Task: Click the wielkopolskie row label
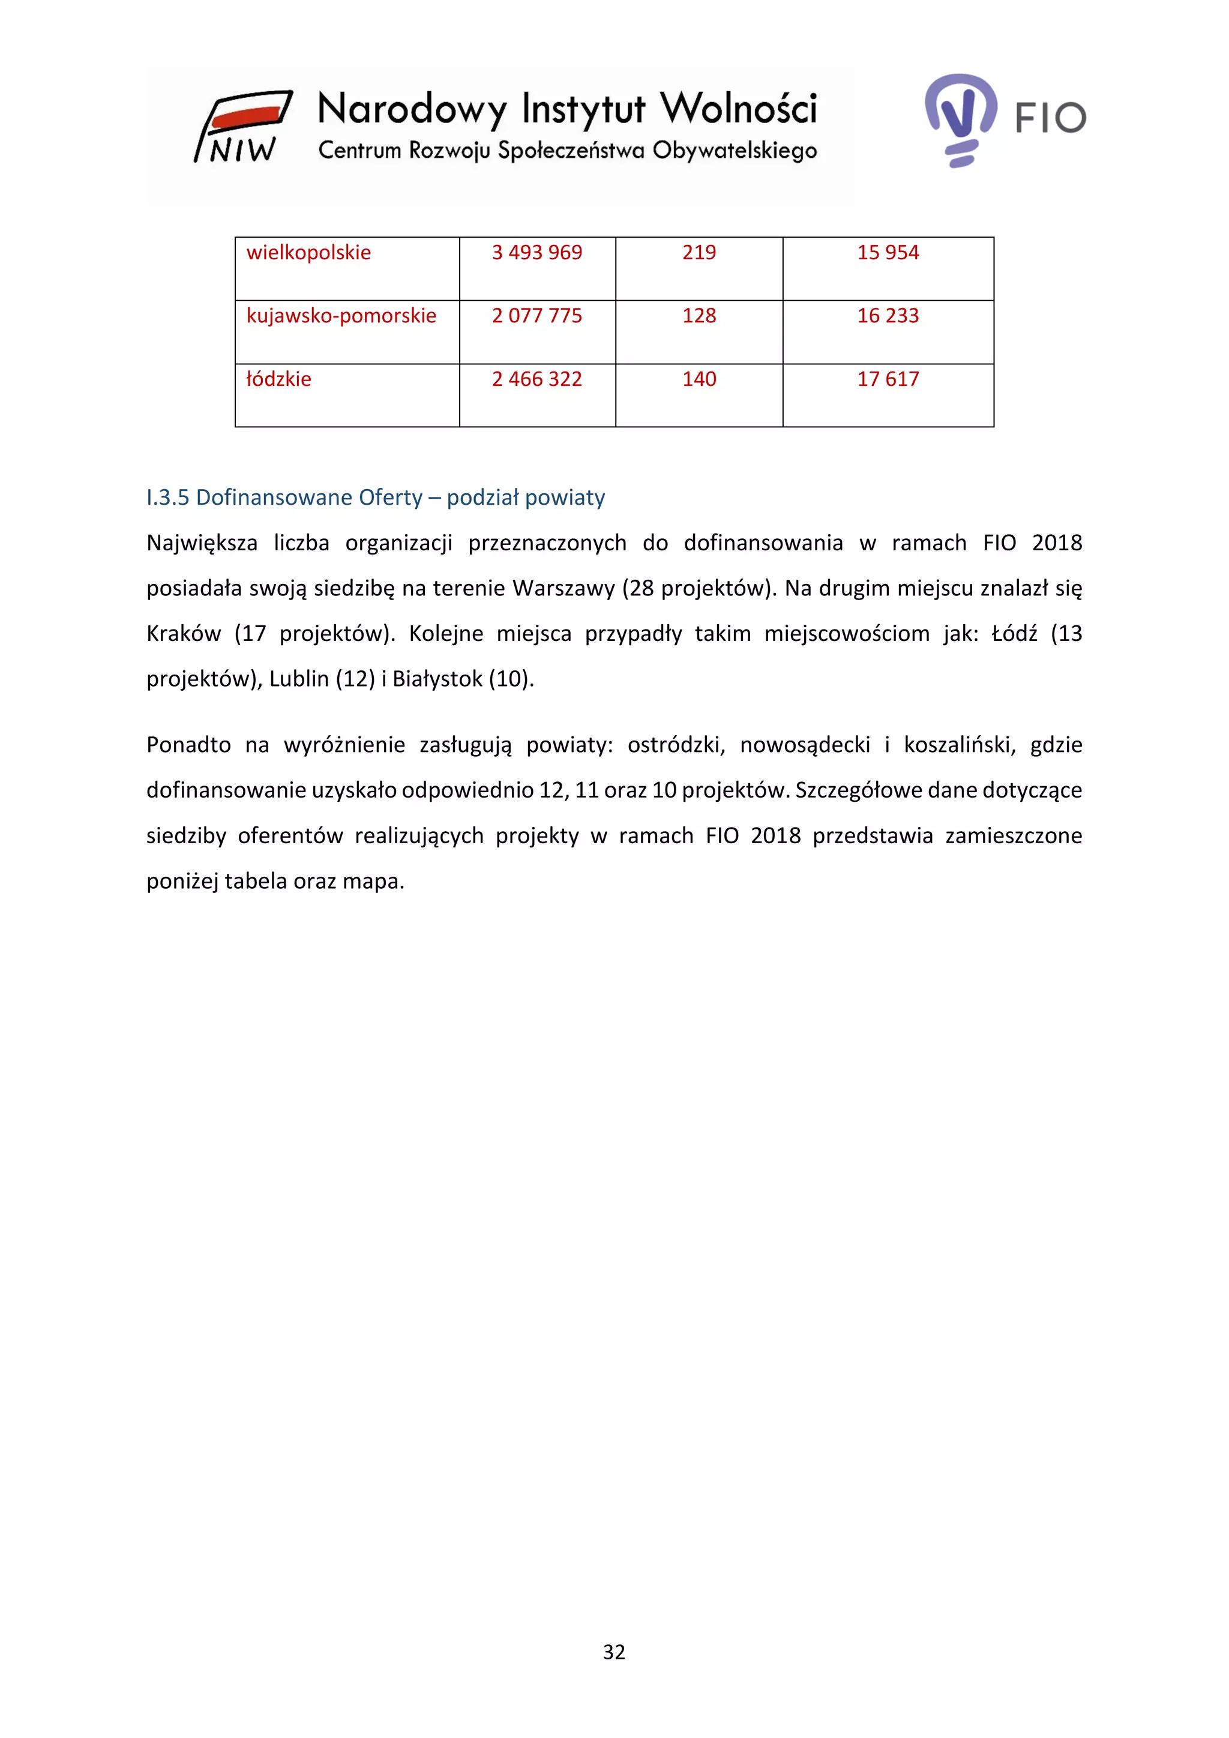click(309, 253)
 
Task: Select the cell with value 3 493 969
click(536, 253)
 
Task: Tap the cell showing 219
click(699, 253)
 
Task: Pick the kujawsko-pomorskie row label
click(341, 316)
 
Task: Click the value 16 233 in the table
click(888, 316)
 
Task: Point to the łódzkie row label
click(278, 379)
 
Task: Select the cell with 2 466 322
click(536, 379)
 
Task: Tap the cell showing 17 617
click(888, 379)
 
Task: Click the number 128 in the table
click(699, 316)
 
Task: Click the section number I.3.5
click(167, 498)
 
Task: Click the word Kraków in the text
click(183, 634)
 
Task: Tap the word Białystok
click(437, 679)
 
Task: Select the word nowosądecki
click(805, 745)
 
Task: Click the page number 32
click(614, 1652)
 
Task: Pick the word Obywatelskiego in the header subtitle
click(734, 151)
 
